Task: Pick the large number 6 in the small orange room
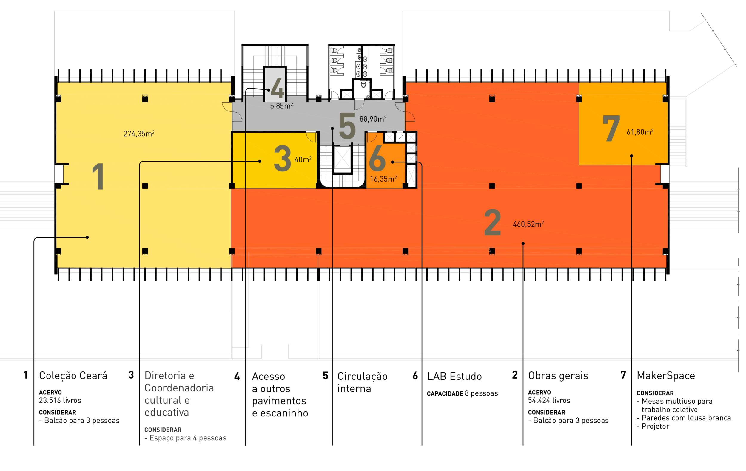(x=377, y=159)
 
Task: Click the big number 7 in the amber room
(x=611, y=128)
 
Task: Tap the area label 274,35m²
(x=139, y=134)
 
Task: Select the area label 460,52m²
(x=528, y=224)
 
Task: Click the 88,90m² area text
(x=373, y=119)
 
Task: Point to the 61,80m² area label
(x=640, y=132)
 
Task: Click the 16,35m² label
(x=383, y=179)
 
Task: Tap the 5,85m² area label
(x=281, y=106)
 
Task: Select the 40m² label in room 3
(x=303, y=160)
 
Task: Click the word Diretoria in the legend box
(x=165, y=376)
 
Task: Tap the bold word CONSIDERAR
(x=163, y=430)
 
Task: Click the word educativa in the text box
(x=167, y=413)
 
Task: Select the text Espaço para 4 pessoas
(x=188, y=438)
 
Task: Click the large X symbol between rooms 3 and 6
(x=342, y=158)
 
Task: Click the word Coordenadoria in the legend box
(x=179, y=388)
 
